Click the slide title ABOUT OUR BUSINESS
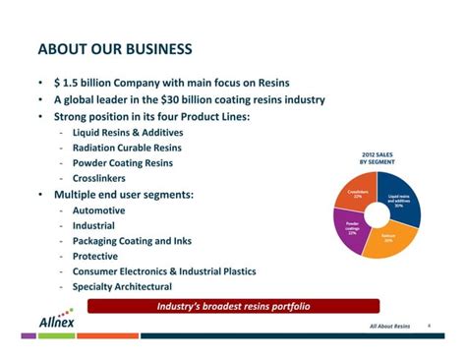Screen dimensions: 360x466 [x=115, y=49]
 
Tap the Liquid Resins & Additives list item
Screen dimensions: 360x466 [x=127, y=132]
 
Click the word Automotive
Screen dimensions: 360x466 [x=98, y=210]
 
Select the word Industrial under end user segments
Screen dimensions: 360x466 [x=93, y=225]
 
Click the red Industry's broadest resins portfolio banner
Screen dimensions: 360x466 [x=233, y=306]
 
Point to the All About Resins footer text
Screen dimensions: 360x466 [x=389, y=326]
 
